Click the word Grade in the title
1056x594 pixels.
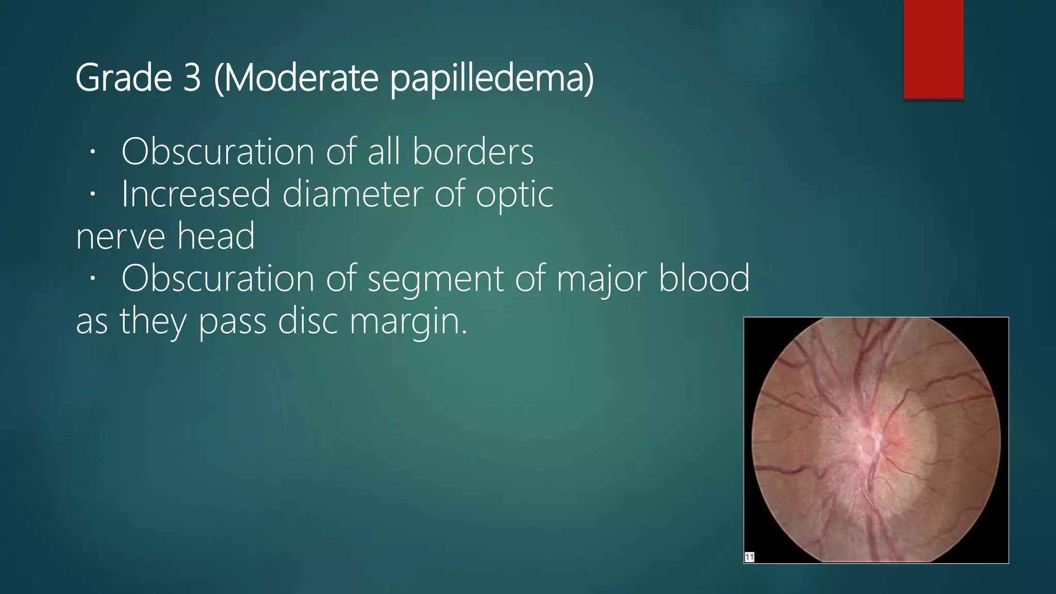coord(124,78)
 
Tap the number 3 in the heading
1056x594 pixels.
coord(191,78)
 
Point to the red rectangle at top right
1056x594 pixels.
coord(933,49)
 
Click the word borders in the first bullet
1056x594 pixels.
coord(473,152)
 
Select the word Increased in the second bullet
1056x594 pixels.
coord(195,194)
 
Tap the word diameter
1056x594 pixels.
coord(353,194)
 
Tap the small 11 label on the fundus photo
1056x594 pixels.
coord(749,557)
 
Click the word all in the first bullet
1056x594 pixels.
coord(384,152)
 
